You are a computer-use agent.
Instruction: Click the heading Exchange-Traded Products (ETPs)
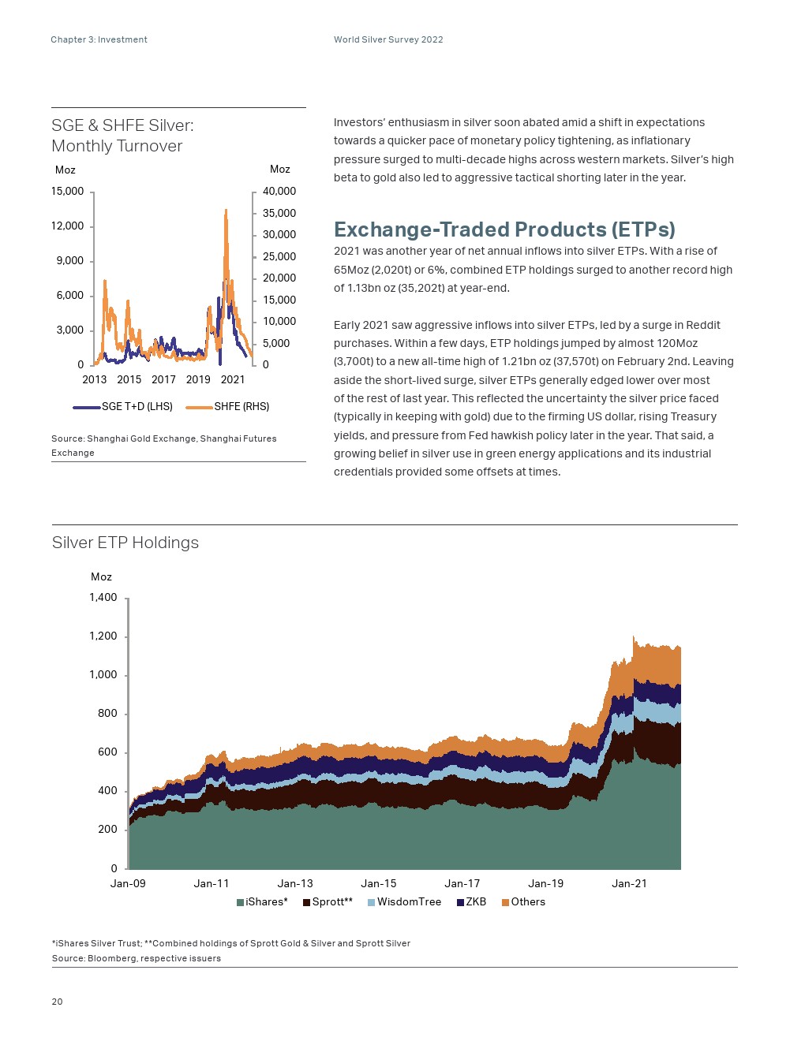point(504,229)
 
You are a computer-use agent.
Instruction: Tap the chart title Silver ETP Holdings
point(125,543)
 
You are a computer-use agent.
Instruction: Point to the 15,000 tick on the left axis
point(68,192)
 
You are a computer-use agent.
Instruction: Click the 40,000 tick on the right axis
point(279,192)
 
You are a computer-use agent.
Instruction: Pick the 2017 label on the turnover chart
point(163,379)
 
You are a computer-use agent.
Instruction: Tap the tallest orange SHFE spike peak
point(226,211)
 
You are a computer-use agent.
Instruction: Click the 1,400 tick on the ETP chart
point(103,598)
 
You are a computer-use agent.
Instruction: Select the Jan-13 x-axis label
point(295,884)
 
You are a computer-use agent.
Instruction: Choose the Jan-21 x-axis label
point(629,884)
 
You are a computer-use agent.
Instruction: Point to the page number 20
point(57,1002)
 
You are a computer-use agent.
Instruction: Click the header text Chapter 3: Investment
point(99,39)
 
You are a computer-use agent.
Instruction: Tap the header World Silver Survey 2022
point(388,39)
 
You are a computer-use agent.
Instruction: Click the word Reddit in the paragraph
point(702,325)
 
